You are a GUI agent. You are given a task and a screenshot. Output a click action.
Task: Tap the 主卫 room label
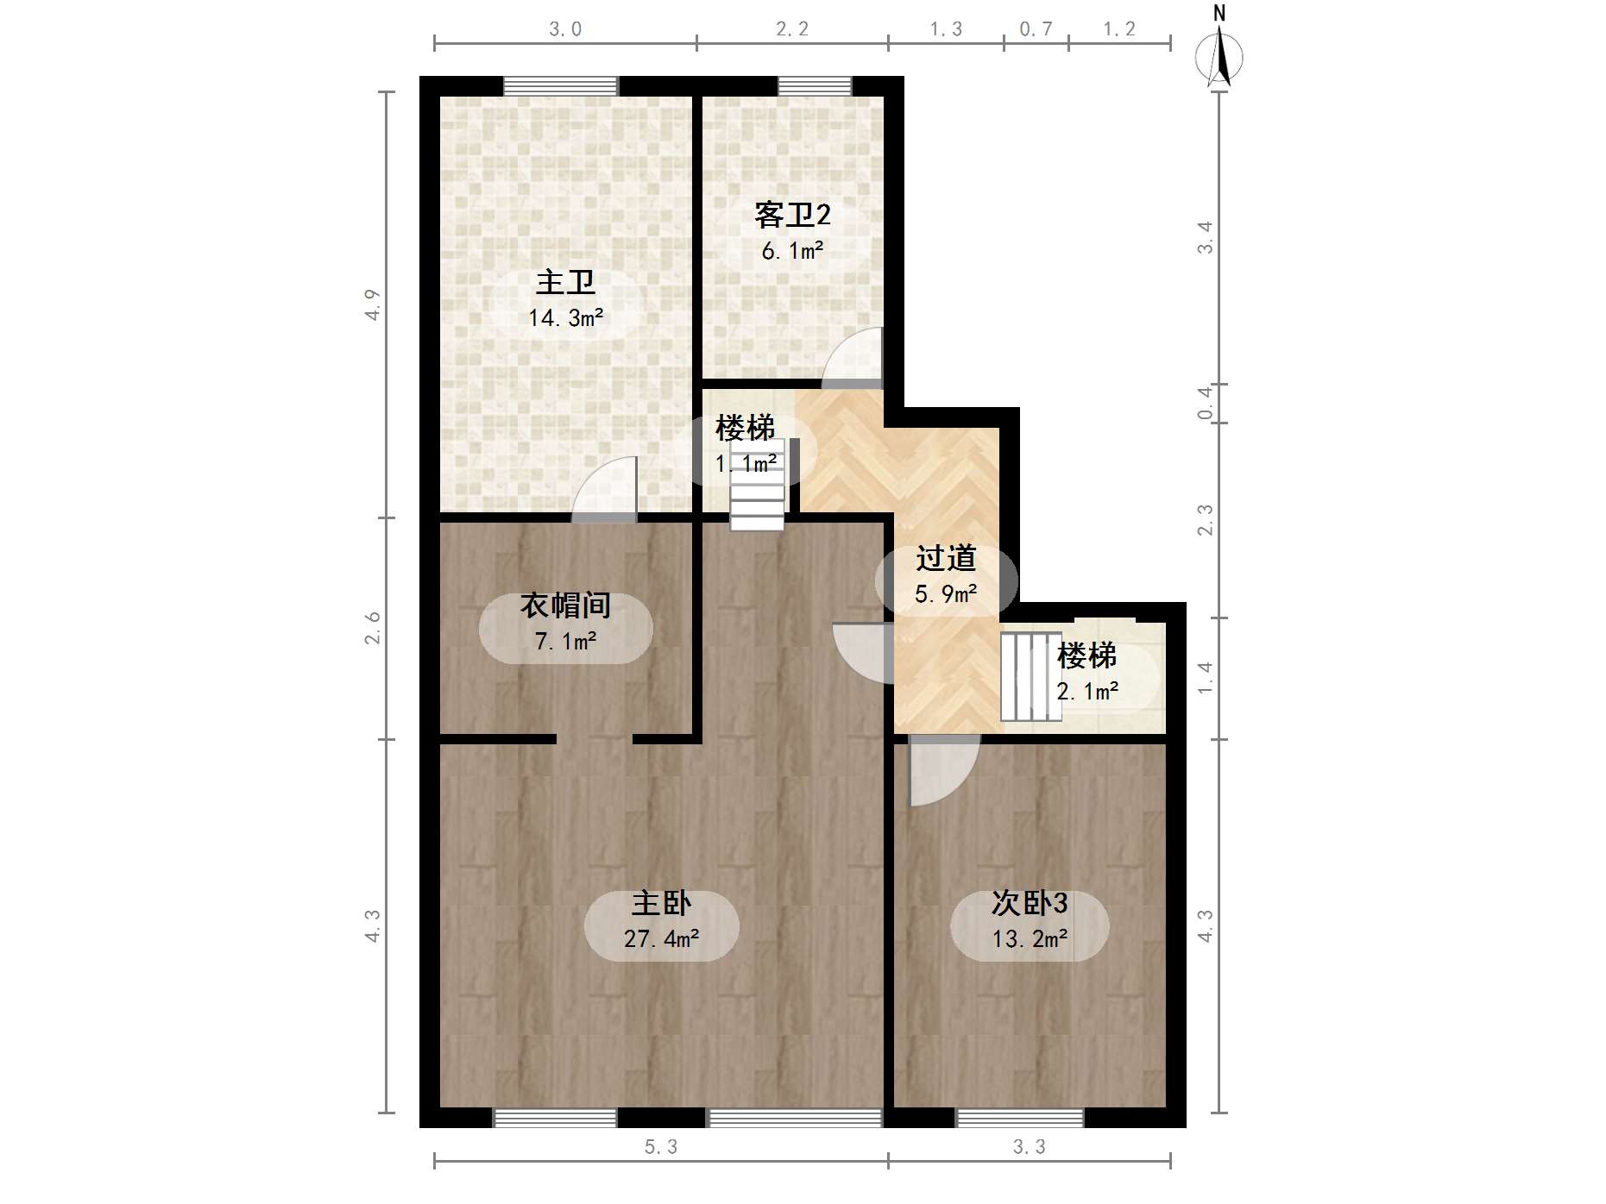565,282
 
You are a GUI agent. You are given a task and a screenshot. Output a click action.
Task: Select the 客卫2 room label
792,215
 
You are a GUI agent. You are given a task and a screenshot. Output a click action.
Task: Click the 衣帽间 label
565,605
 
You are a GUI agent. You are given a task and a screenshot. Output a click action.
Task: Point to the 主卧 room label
661,903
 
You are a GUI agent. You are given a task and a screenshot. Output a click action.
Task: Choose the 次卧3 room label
1030,903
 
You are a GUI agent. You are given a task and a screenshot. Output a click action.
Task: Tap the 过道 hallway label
946,558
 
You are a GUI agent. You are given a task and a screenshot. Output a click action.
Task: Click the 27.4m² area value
661,938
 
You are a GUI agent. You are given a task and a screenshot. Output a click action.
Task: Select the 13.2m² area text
1030,938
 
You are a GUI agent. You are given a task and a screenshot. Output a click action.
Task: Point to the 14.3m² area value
565,318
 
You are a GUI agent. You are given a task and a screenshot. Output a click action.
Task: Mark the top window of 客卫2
815,86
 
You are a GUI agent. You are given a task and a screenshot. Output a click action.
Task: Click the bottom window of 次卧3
1020,1118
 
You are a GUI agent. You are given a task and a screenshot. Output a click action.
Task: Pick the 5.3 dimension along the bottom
661,1147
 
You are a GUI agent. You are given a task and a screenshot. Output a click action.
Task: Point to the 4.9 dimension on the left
373,304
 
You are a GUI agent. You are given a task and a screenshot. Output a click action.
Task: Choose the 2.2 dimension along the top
792,29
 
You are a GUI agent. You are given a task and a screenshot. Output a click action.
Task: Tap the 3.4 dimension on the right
1205,237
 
